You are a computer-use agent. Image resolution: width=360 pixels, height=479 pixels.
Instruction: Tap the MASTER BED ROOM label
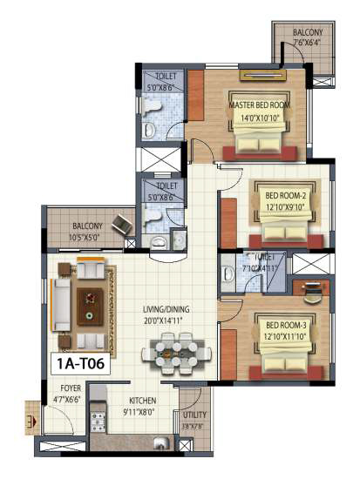coord(260,105)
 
